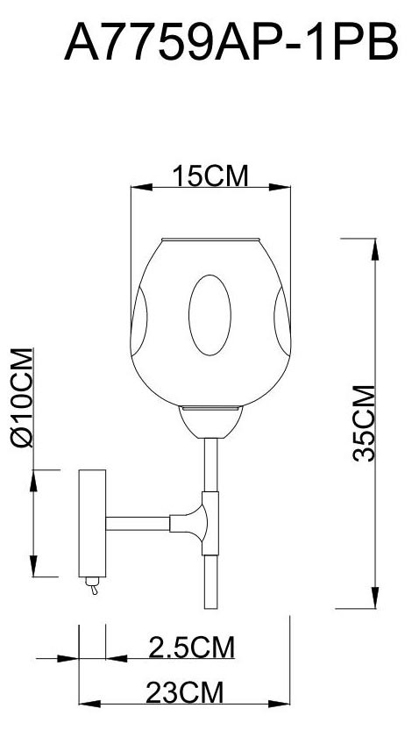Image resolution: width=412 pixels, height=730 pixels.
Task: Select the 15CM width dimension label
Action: point(209,176)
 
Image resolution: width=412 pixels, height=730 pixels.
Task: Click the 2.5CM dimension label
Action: point(191,648)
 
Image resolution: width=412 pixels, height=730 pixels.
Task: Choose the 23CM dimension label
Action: point(185,694)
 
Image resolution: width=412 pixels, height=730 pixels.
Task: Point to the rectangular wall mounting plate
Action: point(92,523)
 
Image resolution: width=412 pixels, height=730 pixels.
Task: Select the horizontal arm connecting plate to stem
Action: point(140,525)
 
